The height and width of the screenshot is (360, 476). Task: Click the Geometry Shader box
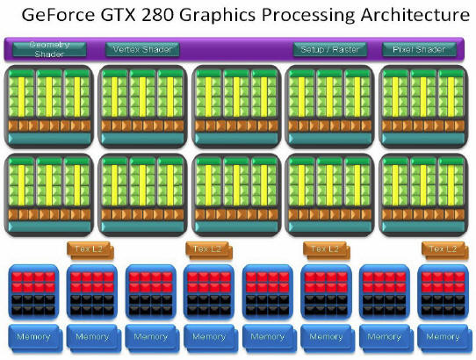pyautogui.click(x=49, y=49)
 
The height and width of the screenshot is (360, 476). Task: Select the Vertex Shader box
pyautogui.click(x=142, y=49)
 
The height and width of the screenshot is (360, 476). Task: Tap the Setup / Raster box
pyautogui.click(x=330, y=49)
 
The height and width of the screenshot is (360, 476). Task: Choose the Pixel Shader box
pyautogui.click(x=419, y=49)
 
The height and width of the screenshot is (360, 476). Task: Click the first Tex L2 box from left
pyautogui.click(x=90, y=250)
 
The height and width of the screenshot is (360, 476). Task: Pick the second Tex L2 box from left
pyautogui.click(x=209, y=250)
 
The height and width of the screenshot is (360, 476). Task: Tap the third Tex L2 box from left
pyautogui.click(x=327, y=250)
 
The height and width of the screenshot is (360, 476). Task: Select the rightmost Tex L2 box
pyautogui.click(x=445, y=250)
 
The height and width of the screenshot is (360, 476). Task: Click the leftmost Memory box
pyautogui.click(x=35, y=338)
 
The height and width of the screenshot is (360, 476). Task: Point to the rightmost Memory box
pyautogui.click(x=444, y=338)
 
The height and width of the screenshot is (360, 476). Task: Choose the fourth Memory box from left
pyautogui.click(x=211, y=338)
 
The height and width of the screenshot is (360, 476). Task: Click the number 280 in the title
pyautogui.click(x=157, y=15)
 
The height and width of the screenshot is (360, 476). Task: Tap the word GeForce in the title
pyautogui.click(x=58, y=15)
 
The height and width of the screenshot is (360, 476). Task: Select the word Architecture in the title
pyautogui.click(x=415, y=15)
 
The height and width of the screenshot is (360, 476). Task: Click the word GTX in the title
pyautogui.click(x=119, y=15)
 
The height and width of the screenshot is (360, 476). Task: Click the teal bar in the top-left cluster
pyautogui.click(x=49, y=139)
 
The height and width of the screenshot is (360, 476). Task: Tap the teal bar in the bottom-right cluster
pyautogui.click(x=423, y=227)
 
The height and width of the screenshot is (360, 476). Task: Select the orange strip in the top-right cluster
pyautogui.click(x=423, y=126)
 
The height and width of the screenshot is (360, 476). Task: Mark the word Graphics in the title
pyautogui.click(x=218, y=16)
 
